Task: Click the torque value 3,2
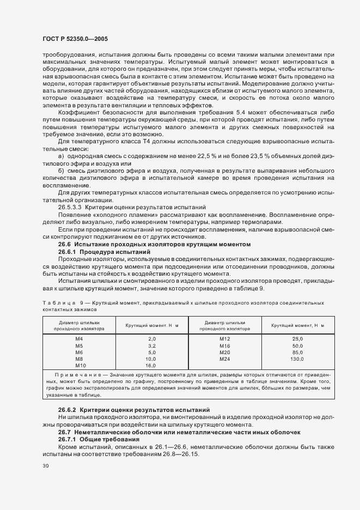pos(137,345)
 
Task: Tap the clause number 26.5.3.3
pos(71,208)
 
